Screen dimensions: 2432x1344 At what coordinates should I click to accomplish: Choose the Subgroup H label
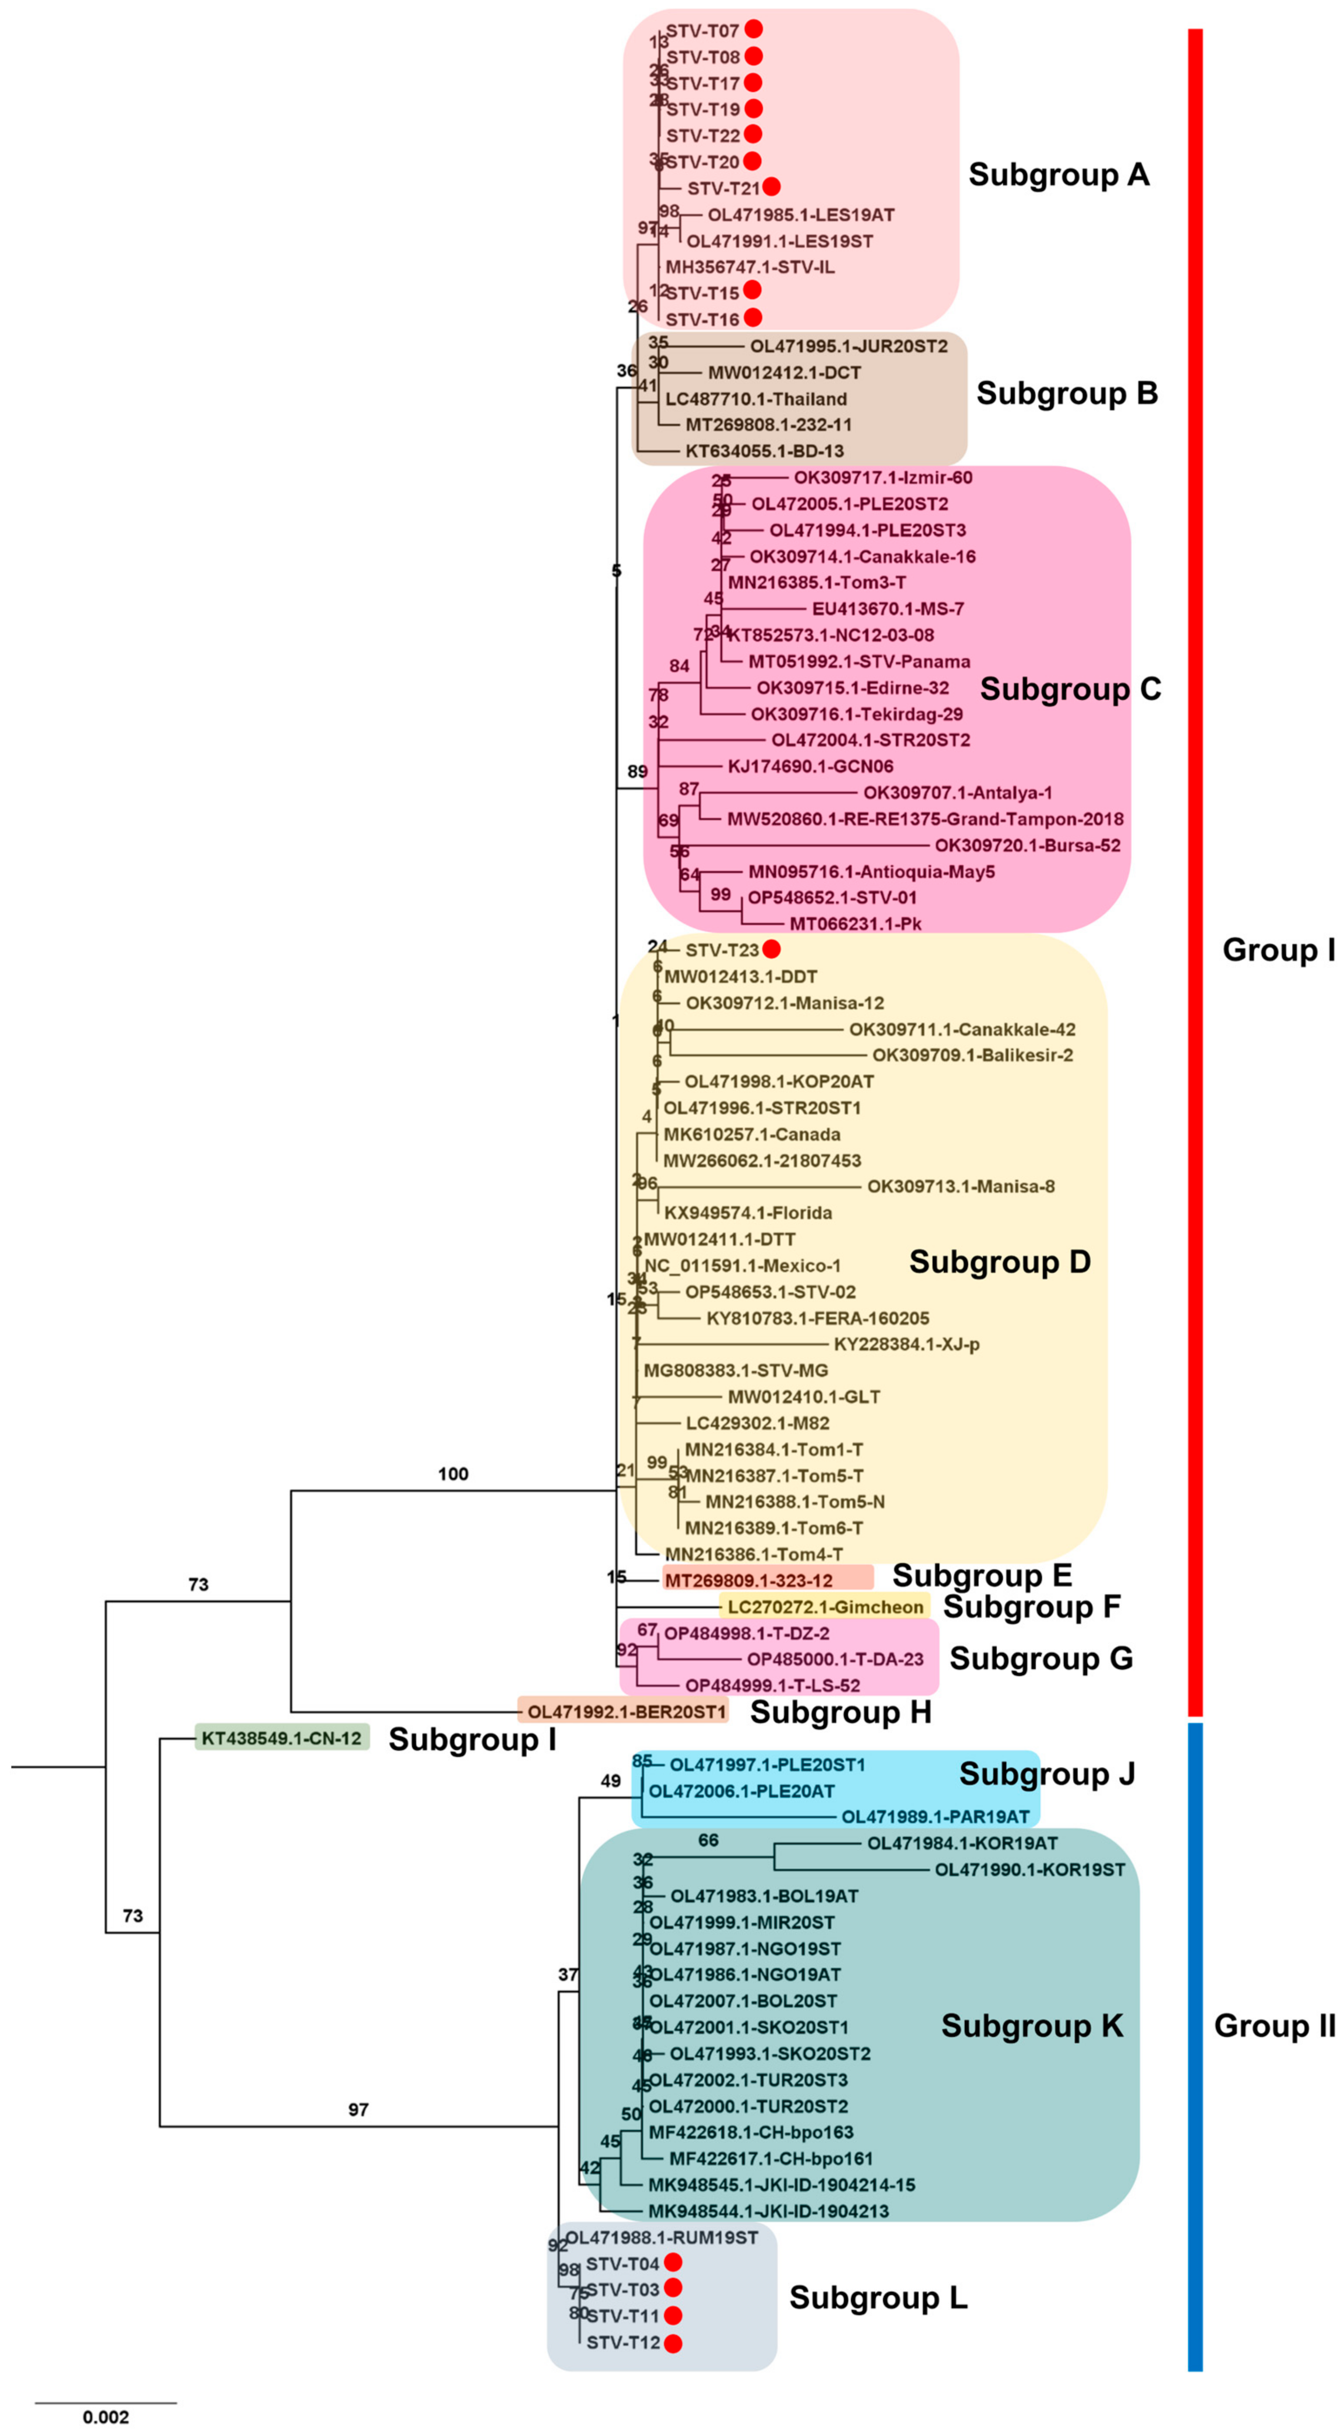click(840, 1712)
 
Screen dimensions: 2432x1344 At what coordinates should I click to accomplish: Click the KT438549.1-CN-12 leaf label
click(281, 1738)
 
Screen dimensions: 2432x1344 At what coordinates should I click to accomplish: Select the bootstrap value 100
click(453, 1474)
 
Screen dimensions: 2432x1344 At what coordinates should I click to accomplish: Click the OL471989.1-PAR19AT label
click(934, 1817)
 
